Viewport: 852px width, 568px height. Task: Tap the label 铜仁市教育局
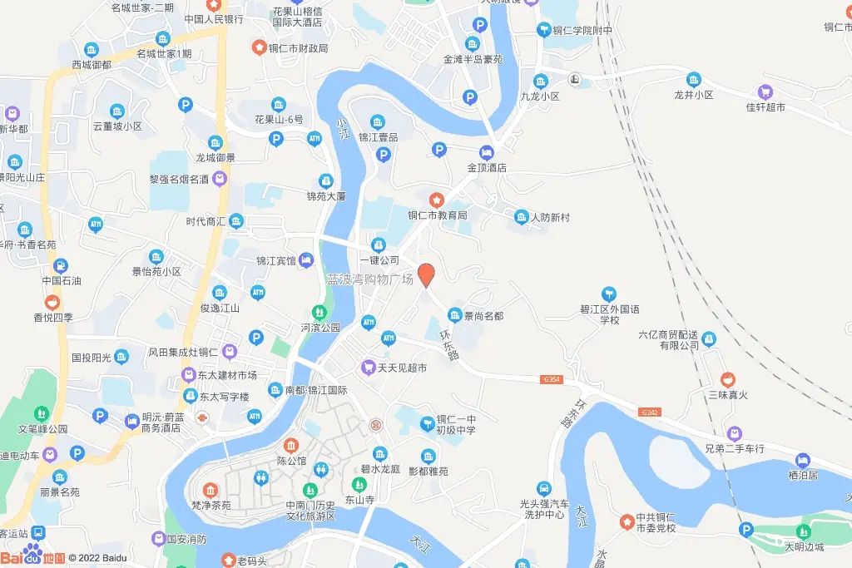click(437, 215)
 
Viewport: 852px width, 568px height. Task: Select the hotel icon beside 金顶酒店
click(486, 153)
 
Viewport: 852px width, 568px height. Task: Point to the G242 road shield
click(651, 412)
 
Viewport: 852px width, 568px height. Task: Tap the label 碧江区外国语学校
click(611, 314)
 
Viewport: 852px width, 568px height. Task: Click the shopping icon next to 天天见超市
click(367, 367)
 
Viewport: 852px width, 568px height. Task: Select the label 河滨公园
click(320, 328)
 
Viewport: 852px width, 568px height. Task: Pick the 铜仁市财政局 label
click(298, 48)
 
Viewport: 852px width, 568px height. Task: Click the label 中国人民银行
click(213, 19)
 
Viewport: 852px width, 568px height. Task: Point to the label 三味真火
click(729, 394)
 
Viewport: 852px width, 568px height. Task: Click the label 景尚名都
click(483, 316)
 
